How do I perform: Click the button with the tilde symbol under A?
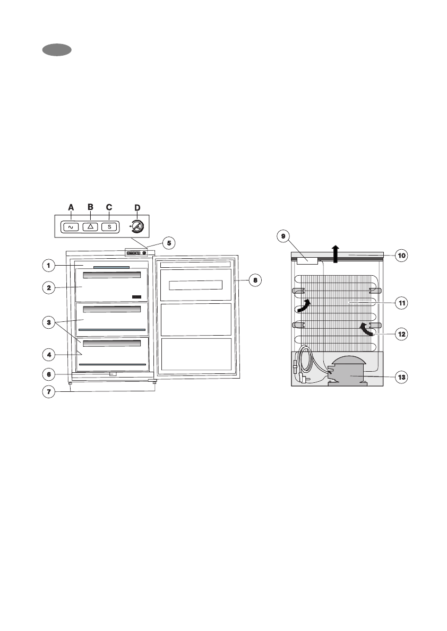tap(71, 227)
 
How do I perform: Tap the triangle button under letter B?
tap(90, 227)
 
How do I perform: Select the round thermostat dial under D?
tap(137, 227)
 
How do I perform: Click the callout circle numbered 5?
tap(169, 243)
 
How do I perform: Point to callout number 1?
tap(49, 266)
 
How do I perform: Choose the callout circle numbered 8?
tap(255, 280)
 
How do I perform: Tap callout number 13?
tap(401, 377)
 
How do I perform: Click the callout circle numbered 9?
tap(283, 236)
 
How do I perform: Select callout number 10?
tap(401, 256)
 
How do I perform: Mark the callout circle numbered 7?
tap(49, 391)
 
